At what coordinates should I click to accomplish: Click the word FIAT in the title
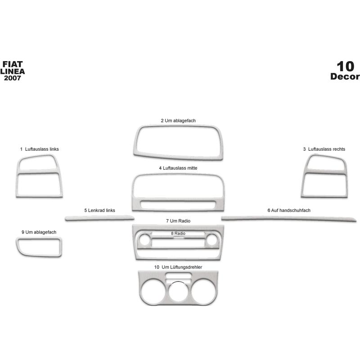[x=13, y=64]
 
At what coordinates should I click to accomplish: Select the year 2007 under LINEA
[x=13, y=78]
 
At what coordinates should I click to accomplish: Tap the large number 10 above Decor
[x=345, y=67]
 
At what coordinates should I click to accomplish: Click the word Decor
[x=345, y=76]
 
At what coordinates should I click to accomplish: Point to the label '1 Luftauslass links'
[x=40, y=149]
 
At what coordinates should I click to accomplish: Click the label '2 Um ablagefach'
[x=178, y=121]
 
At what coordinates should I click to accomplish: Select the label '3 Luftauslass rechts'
[x=324, y=149]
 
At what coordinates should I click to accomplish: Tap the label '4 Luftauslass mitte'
[x=178, y=168]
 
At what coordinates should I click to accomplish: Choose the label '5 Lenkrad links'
[x=99, y=210]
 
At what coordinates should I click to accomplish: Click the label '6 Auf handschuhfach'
[x=289, y=210]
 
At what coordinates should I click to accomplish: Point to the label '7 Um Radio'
[x=178, y=221]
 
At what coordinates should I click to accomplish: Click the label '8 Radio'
[x=178, y=233]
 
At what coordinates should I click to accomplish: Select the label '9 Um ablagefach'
[x=39, y=232]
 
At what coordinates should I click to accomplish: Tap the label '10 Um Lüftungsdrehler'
[x=178, y=267]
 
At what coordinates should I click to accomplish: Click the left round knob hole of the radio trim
[x=144, y=240]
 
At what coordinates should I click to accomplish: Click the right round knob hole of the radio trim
[x=211, y=240]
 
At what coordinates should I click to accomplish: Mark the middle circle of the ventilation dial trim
[x=178, y=292]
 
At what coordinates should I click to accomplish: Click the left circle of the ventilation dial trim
[x=153, y=292]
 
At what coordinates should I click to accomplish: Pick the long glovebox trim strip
[x=289, y=218]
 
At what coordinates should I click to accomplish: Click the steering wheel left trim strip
[x=99, y=218]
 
